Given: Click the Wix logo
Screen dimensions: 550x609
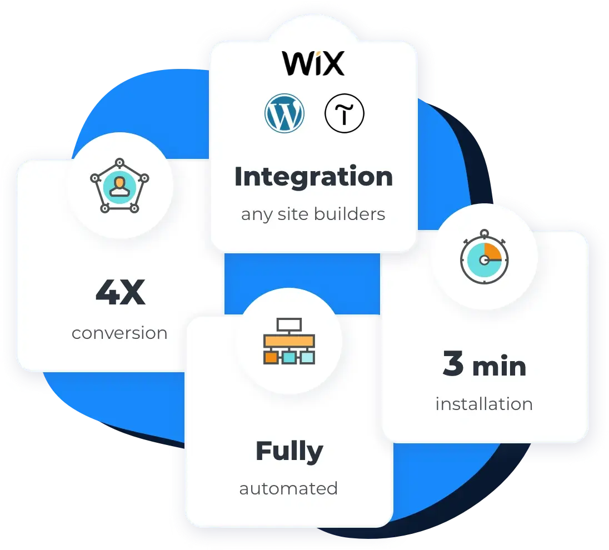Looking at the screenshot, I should pyautogui.click(x=313, y=63).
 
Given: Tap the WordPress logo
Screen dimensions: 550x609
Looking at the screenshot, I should pyautogui.click(x=284, y=113).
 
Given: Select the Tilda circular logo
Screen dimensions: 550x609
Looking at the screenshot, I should pyautogui.click(x=345, y=113).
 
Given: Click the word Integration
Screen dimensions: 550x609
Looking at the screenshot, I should pyautogui.click(x=313, y=177).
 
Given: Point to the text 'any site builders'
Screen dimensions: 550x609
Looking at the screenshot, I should pyautogui.click(x=313, y=214).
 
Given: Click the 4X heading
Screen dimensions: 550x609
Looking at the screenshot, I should pyautogui.click(x=120, y=293).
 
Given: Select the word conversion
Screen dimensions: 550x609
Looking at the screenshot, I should pyautogui.click(x=119, y=333).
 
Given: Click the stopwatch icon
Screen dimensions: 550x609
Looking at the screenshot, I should pyautogui.click(x=484, y=258).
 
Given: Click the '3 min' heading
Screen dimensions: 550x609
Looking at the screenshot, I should pyautogui.click(x=484, y=366).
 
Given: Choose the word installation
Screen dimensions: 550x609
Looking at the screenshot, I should pyautogui.click(x=484, y=404).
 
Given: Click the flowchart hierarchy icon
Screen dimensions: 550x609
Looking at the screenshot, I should pyautogui.click(x=288, y=341).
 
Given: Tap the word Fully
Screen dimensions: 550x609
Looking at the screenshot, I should pyautogui.click(x=289, y=451).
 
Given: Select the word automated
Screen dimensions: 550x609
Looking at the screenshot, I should pyautogui.click(x=288, y=488).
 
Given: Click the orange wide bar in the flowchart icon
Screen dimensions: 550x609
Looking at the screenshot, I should pyautogui.click(x=288, y=340).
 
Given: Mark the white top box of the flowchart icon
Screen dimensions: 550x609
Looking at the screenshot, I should pyautogui.click(x=289, y=324).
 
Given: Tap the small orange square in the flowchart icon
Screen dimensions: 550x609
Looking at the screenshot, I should pyautogui.click(x=271, y=357).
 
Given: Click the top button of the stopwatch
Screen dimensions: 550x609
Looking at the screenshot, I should pyautogui.click(x=484, y=233).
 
